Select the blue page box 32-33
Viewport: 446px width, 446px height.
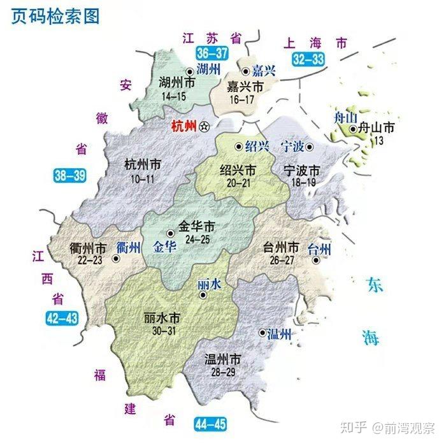pyautogui.click(x=309, y=59)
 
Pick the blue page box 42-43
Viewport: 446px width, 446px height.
pyautogui.click(x=62, y=317)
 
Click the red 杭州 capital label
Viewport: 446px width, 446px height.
pyautogui.click(x=184, y=126)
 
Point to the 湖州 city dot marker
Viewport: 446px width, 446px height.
pyautogui.click(x=189, y=71)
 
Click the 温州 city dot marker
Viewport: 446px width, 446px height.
pyautogui.click(x=262, y=333)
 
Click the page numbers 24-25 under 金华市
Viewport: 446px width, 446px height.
pyautogui.click(x=196, y=239)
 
